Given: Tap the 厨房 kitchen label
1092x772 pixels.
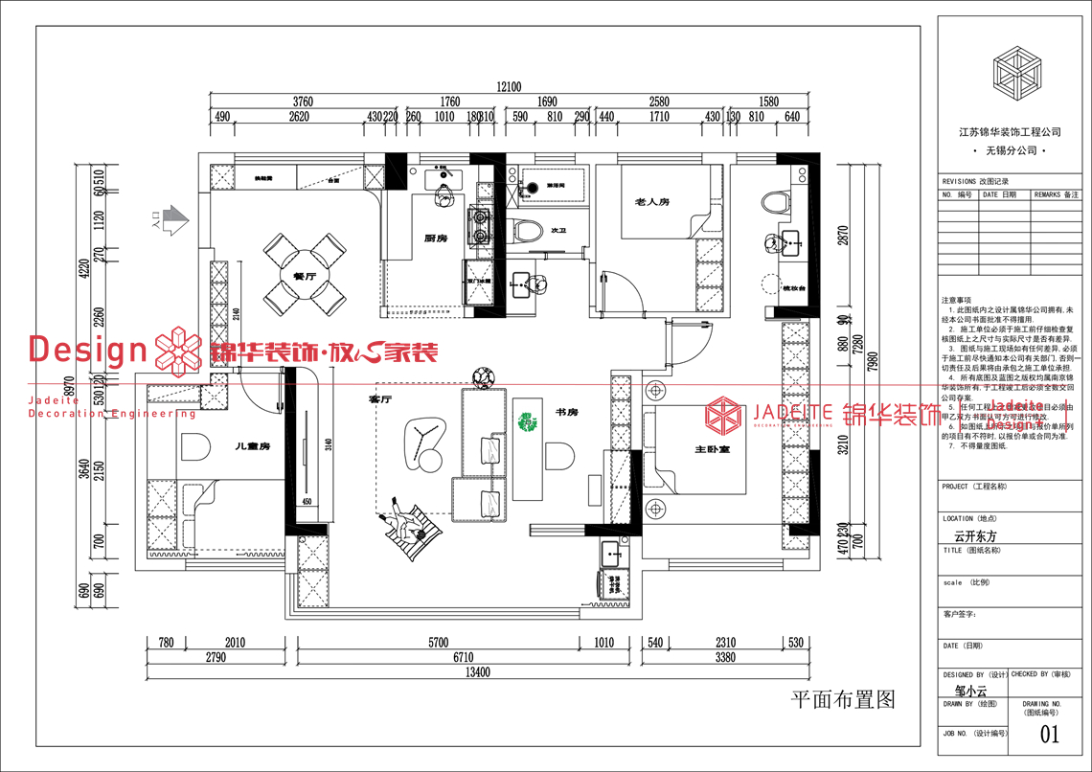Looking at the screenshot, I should point(437,238).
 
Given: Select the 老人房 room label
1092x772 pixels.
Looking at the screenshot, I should point(650,202).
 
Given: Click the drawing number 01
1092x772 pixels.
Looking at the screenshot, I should point(1050,735).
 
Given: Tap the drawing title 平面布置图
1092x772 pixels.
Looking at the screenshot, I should point(842,700).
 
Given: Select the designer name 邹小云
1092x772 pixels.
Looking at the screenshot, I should point(970,690).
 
